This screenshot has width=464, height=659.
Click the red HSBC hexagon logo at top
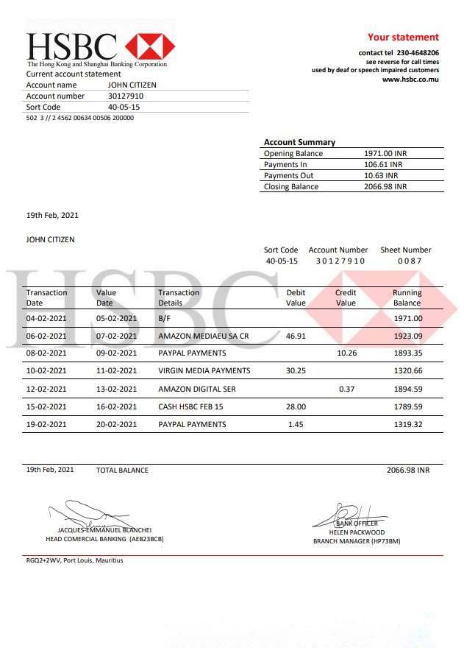click(x=150, y=46)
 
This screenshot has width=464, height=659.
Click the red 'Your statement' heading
click(x=403, y=37)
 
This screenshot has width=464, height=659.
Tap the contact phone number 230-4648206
click(x=418, y=53)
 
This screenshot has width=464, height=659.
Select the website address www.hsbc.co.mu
click(x=410, y=80)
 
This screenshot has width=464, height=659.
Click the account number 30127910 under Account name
click(x=126, y=96)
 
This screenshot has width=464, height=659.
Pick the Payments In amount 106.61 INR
click(x=385, y=164)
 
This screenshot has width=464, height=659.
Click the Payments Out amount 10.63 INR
click(x=382, y=175)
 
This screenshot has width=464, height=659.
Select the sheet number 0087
click(x=410, y=261)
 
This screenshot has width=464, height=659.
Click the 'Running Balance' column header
click(x=407, y=297)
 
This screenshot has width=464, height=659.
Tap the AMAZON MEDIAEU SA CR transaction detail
click(x=204, y=336)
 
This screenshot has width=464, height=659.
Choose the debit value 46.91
click(x=296, y=336)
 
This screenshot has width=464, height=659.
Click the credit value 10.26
click(x=346, y=353)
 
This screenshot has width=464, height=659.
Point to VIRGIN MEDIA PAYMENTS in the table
click(x=204, y=371)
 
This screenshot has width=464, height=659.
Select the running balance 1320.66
click(x=408, y=371)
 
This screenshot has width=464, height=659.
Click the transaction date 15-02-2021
click(x=46, y=406)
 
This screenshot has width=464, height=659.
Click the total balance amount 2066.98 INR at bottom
click(x=408, y=470)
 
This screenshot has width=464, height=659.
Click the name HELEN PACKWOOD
click(x=357, y=532)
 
